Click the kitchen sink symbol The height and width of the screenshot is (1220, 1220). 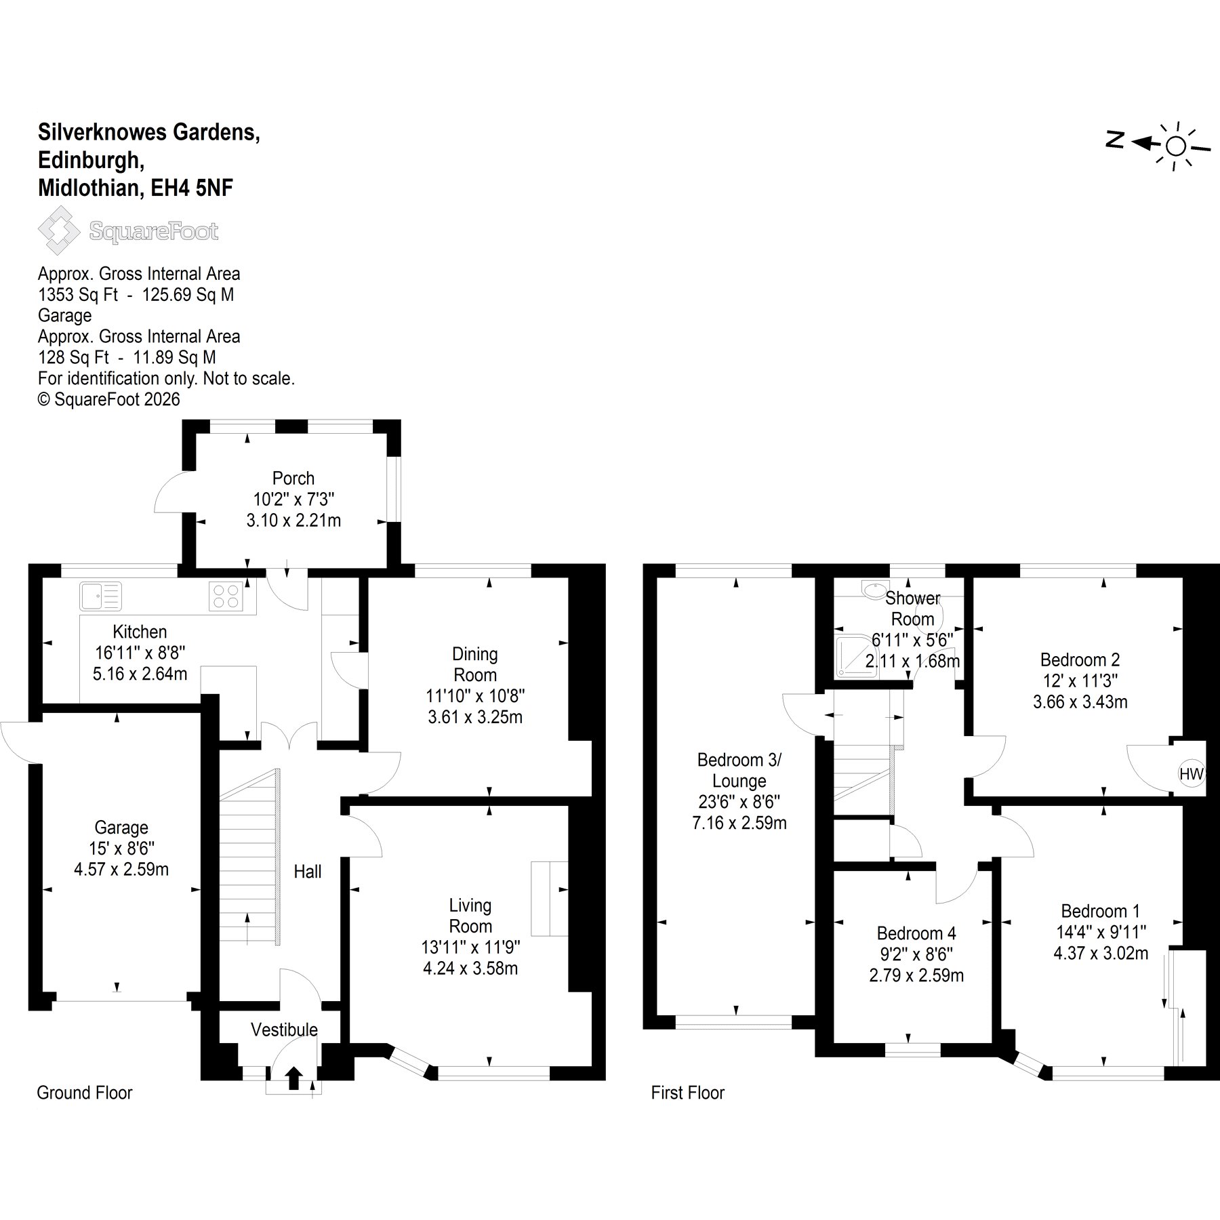point(101,596)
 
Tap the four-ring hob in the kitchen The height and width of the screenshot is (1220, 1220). point(226,596)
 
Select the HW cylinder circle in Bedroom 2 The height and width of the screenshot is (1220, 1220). point(1192,773)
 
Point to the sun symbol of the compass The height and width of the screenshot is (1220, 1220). point(1176,146)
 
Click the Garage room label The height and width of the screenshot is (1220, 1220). point(121,828)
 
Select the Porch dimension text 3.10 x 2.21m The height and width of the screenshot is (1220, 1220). point(293,520)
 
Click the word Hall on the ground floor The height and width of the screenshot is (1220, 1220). point(307,872)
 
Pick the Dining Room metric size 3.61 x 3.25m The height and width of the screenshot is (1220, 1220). point(475,716)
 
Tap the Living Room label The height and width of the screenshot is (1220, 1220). point(470,916)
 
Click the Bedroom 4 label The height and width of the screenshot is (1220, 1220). point(916,933)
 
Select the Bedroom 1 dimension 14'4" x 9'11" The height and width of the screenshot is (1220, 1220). point(1101,932)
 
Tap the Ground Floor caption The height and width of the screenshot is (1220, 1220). point(85,1093)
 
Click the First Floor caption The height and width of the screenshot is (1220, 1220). point(688,1093)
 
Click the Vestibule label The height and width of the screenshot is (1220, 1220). point(284,1030)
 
